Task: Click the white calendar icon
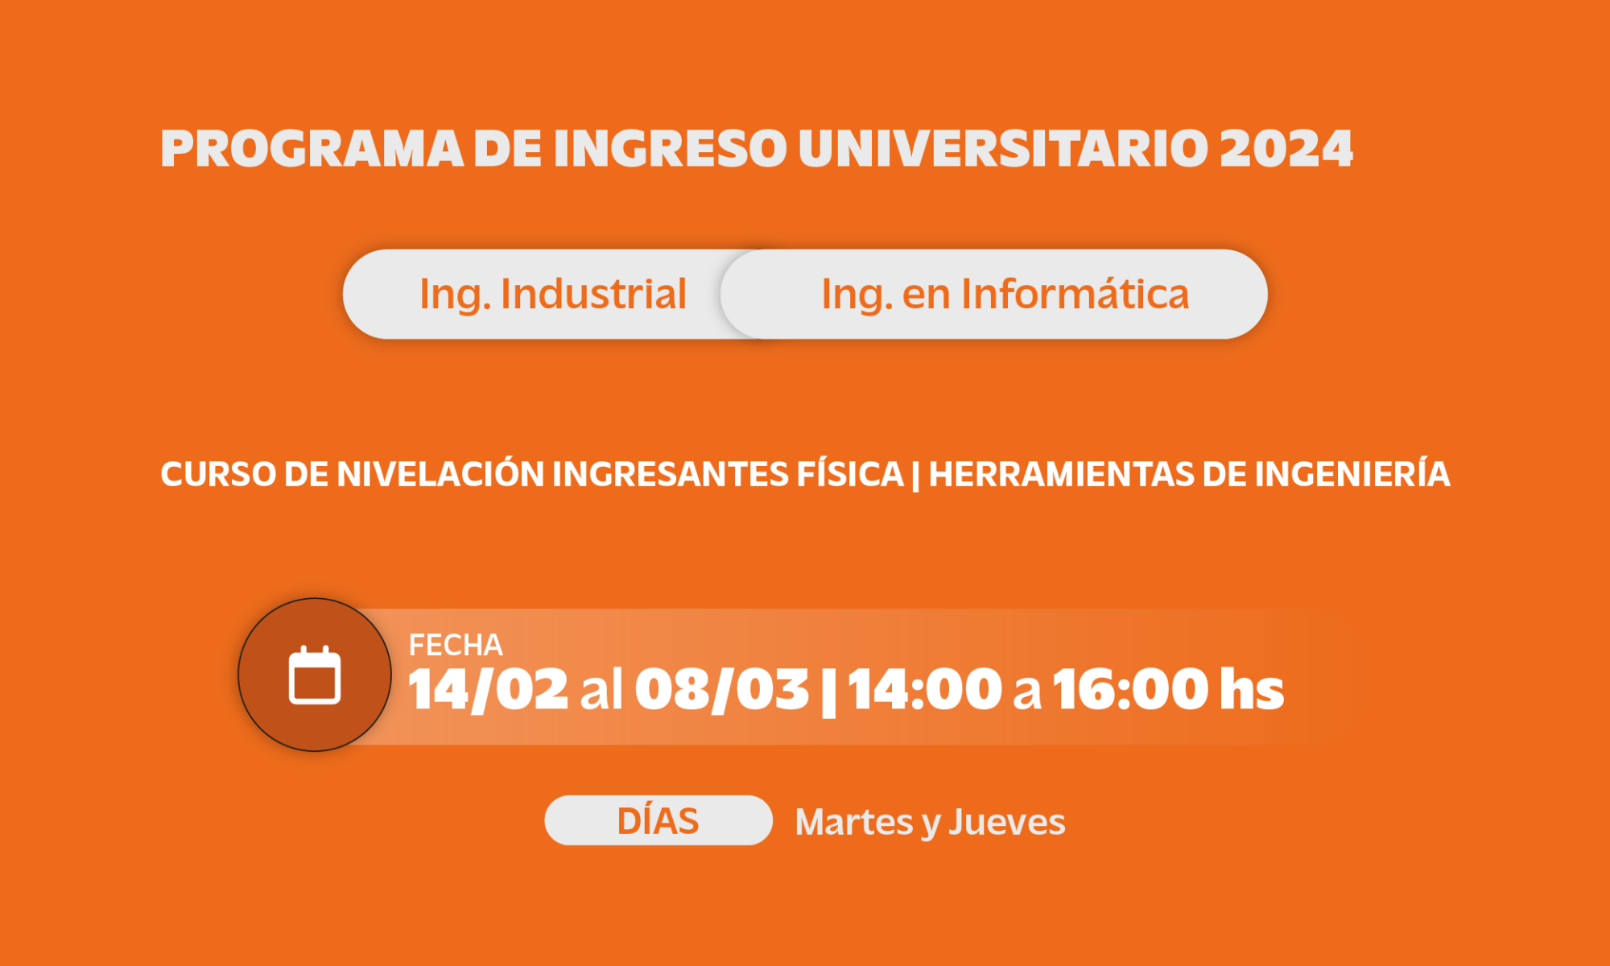point(315,675)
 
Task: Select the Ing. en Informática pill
point(994,294)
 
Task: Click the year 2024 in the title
point(1286,148)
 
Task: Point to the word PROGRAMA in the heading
point(312,148)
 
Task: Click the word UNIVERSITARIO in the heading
point(1003,148)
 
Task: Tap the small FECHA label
point(456,645)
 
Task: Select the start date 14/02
point(489,690)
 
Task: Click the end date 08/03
point(722,690)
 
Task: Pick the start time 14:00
point(925,689)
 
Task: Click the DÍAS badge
point(658,820)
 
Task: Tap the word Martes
point(854,822)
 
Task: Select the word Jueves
point(1007,822)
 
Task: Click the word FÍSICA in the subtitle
point(850,473)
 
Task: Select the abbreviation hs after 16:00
point(1252,689)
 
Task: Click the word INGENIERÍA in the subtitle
point(1352,473)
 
